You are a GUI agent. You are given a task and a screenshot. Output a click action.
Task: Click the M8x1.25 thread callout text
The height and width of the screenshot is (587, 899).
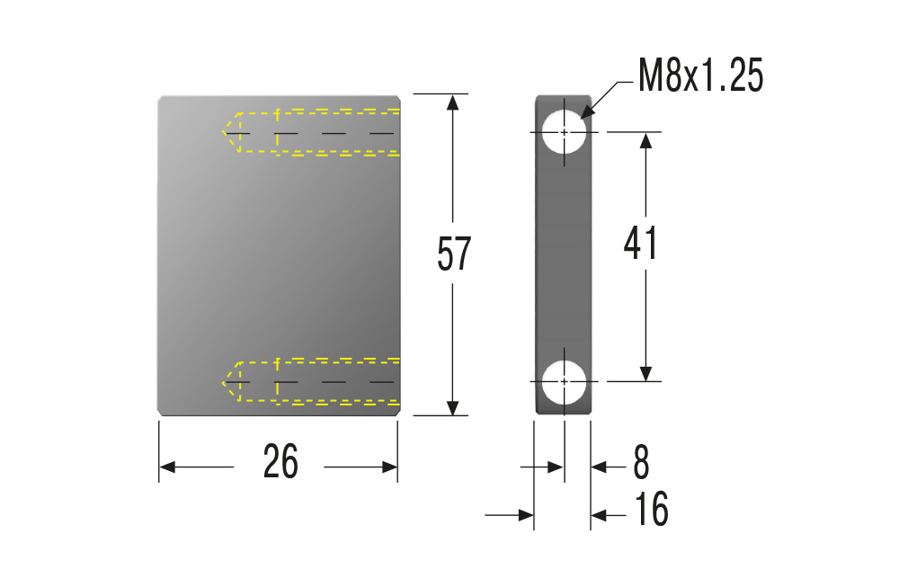(x=700, y=76)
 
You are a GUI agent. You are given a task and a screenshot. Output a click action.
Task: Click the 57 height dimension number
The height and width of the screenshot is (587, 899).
(x=453, y=253)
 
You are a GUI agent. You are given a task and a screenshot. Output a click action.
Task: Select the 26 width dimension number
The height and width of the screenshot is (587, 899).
(x=280, y=461)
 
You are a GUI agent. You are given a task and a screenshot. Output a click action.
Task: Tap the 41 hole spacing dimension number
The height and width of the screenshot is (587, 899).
(x=640, y=243)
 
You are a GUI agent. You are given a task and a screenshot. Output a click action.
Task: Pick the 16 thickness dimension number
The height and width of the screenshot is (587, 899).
(x=651, y=509)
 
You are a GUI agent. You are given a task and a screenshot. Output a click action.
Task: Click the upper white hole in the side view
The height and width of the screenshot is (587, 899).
(x=565, y=132)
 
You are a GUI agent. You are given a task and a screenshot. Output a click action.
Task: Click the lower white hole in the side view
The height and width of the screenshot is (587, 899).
(x=565, y=381)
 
